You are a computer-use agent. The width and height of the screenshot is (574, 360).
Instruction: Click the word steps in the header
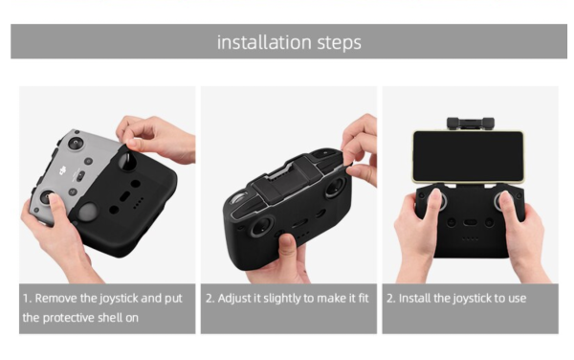point(340,43)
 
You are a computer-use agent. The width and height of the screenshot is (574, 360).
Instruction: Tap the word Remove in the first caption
point(56,298)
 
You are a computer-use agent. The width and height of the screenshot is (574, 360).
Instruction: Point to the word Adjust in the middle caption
point(234,299)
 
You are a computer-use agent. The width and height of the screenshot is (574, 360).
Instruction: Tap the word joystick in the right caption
point(472,299)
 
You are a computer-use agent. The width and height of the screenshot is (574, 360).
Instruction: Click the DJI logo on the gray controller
point(62,170)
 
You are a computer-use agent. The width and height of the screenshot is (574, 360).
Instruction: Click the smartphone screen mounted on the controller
point(468,156)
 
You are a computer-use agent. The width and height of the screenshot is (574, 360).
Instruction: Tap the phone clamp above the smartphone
point(471,124)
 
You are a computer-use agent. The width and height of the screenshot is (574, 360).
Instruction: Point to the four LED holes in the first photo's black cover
point(138,203)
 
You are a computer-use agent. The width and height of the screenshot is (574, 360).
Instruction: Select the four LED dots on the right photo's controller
point(470,238)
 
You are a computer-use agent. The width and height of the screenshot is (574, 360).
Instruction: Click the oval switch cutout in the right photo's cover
point(470,222)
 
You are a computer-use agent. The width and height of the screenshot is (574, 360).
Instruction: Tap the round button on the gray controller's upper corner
point(75,143)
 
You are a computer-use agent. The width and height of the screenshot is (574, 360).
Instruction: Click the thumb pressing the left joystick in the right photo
point(435,198)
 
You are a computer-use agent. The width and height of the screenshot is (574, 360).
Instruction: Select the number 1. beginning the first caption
point(27,299)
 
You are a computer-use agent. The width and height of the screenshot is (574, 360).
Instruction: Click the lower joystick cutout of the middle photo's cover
point(262,225)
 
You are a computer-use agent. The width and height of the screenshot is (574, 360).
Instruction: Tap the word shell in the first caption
point(116,317)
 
